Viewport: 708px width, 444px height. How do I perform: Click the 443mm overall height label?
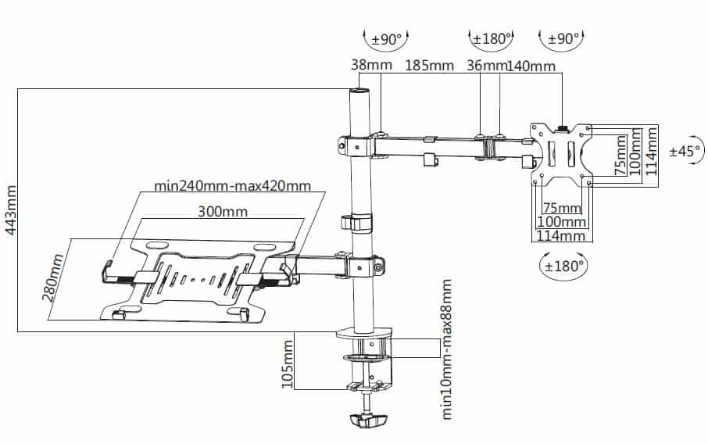(x=11, y=209)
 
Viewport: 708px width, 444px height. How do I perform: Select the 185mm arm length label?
(x=429, y=66)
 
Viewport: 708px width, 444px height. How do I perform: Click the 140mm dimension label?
(x=531, y=66)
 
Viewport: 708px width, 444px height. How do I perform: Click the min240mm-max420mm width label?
(x=233, y=185)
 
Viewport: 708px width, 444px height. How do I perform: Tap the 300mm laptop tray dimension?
(x=223, y=211)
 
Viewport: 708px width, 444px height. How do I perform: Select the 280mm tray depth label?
(x=53, y=277)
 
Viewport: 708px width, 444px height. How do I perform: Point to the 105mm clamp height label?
(x=288, y=364)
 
